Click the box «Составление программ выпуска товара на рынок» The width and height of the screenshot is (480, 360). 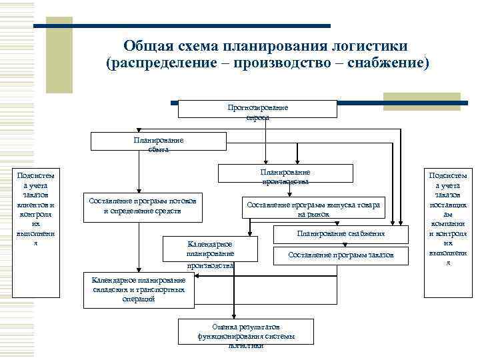[x=313, y=209]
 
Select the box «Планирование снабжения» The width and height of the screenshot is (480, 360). [x=341, y=235]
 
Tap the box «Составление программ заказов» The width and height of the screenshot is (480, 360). [x=341, y=255]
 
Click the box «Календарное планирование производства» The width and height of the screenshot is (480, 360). [x=210, y=254]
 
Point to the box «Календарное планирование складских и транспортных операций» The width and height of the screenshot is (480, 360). [x=139, y=290]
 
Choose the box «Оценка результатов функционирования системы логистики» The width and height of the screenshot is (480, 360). [x=246, y=336]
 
